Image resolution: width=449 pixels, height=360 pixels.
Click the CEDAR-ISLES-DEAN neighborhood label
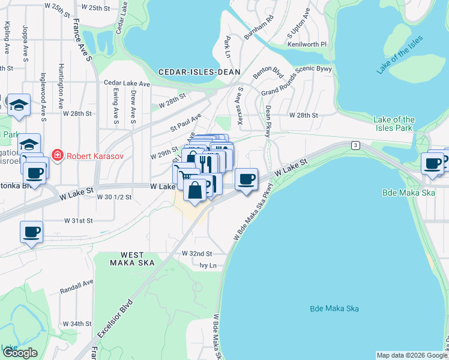199,72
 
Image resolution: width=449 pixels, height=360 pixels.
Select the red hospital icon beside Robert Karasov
57,156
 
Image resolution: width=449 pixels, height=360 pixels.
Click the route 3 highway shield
356,145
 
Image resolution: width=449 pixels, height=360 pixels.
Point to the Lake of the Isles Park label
394,124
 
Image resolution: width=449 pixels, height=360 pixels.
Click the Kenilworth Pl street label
307,44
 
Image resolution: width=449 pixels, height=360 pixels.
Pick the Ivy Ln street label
207,265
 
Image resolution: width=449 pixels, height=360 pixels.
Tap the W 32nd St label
197,254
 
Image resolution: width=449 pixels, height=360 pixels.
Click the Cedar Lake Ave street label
127,83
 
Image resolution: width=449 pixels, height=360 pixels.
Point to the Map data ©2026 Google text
411,355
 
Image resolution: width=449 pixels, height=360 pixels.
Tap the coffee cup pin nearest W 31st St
31,232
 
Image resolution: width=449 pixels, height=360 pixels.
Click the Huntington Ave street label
62,86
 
